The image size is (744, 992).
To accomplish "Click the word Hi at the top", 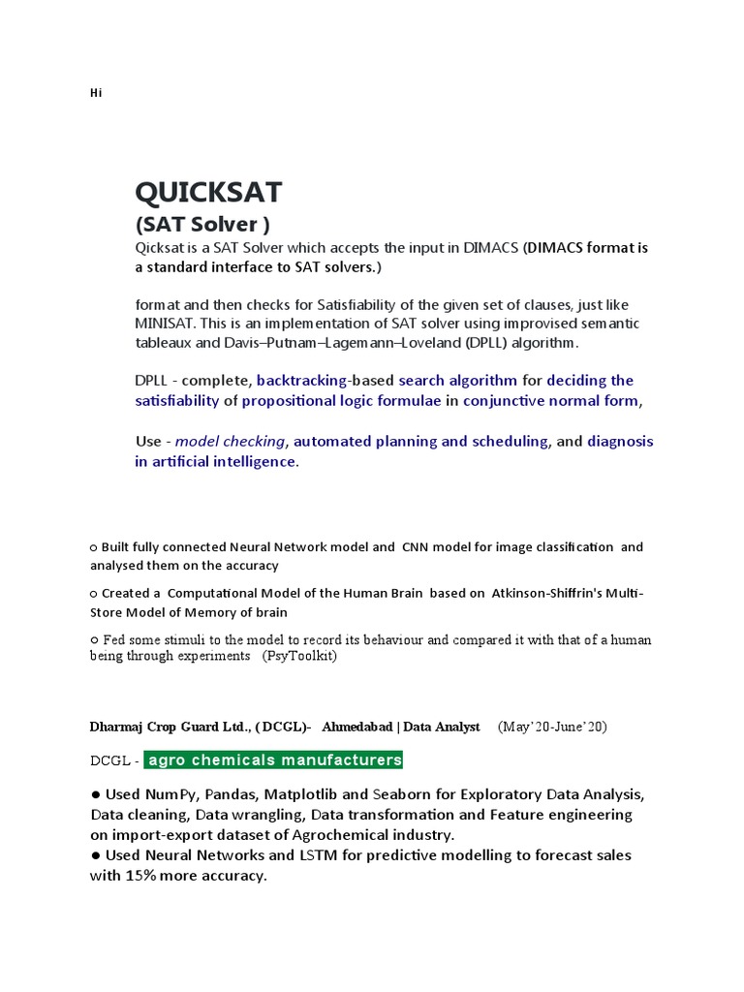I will (95, 93).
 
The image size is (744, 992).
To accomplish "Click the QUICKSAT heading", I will (208, 193).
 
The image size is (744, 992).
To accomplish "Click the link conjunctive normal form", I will (550, 400).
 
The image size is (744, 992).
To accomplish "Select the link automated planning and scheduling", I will (420, 441).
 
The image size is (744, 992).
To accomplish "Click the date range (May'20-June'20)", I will (552, 727).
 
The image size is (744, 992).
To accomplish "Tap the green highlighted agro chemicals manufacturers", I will (275, 759).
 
